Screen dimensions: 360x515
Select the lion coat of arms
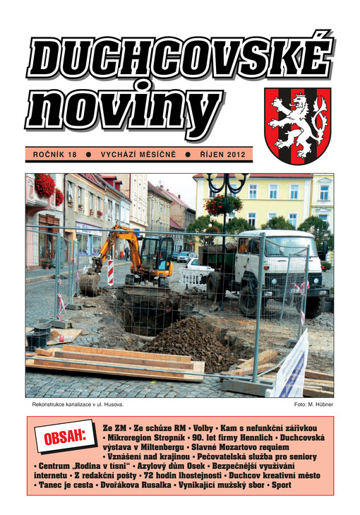tap(296, 124)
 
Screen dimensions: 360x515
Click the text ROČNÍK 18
tap(56, 153)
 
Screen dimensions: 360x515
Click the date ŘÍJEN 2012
tap(222, 153)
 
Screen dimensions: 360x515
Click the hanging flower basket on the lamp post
tap(223, 205)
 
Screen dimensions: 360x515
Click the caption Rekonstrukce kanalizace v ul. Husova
tap(78, 405)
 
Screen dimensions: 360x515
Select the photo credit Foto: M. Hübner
tap(313, 405)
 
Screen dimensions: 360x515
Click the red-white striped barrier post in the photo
tap(110, 272)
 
